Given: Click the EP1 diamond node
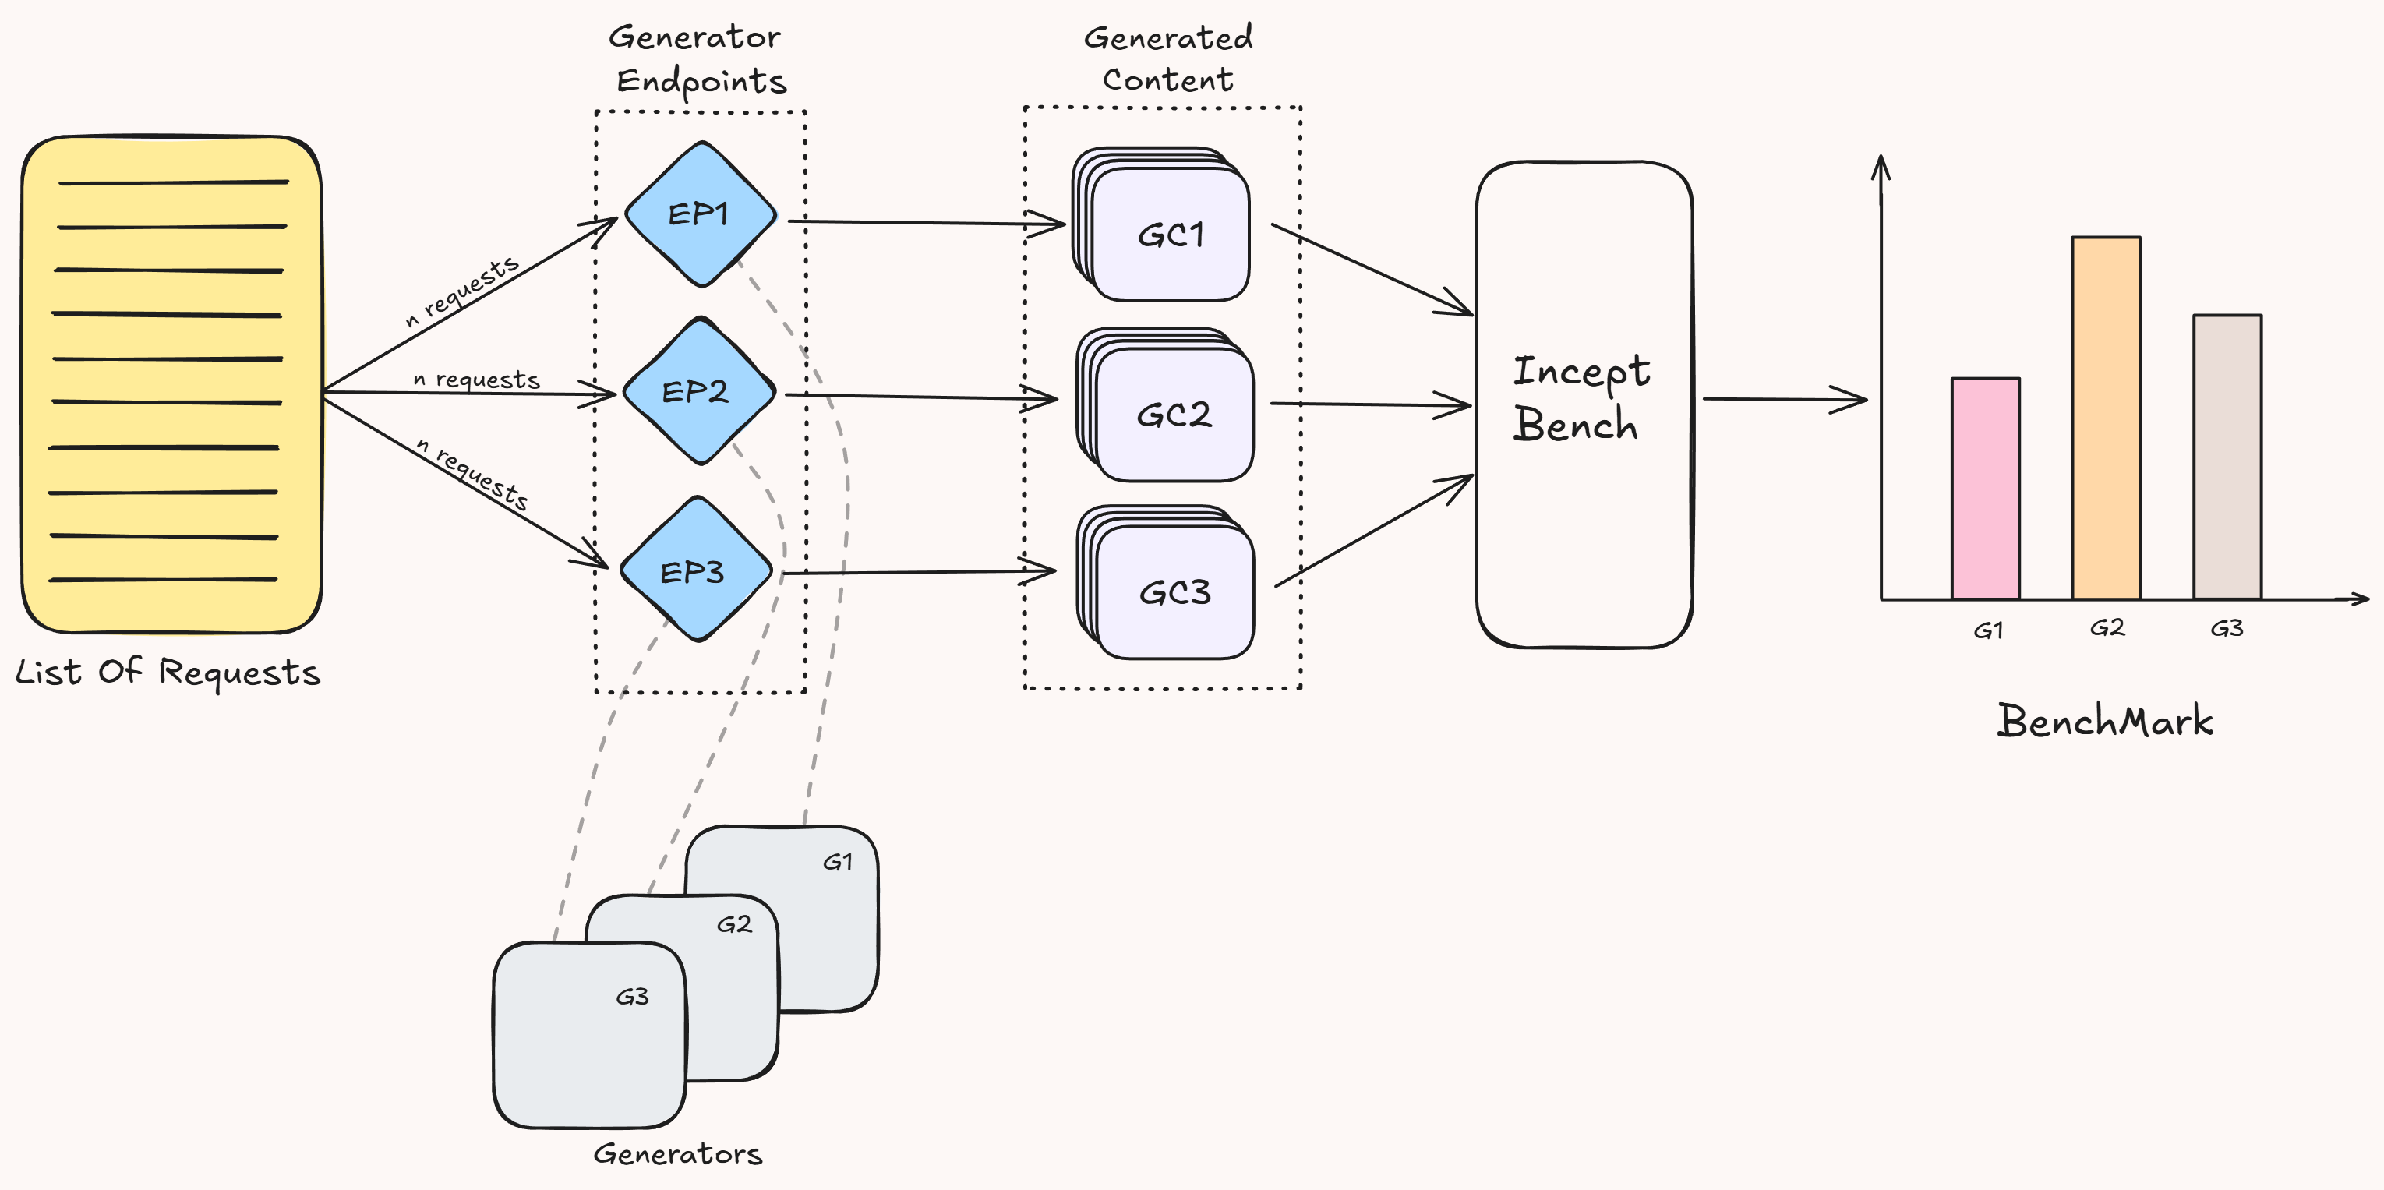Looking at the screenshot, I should click(x=700, y=214).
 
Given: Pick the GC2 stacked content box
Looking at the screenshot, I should click(x=1173, y=414).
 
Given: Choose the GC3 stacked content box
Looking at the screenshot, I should click(x=1174, y=591).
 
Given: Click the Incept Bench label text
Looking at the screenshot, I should click(x=1579, y=398).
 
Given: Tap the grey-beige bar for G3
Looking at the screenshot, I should click(x=2227, y=457).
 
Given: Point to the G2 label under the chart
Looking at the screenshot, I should click(x=2107, y=628).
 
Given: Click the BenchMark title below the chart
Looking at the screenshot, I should click(x=2103, y=721).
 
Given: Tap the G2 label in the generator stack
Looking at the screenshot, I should click(x=734, y=924).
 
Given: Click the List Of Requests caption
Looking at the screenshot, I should click(x=168, y=672).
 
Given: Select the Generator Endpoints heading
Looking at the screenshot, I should click(x=700, y=59).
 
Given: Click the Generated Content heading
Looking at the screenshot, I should click(x=1168, y=58).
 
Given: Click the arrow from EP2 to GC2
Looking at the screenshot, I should click(x=921, y=397).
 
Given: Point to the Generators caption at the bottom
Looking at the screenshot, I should click(x=677, y=1153).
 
